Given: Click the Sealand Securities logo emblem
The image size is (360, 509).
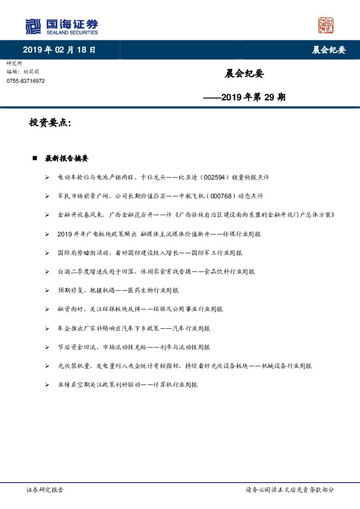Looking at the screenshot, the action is [33, 27].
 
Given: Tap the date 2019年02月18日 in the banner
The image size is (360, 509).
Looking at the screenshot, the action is [59, 50].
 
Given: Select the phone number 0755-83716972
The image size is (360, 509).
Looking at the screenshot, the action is [25, 81].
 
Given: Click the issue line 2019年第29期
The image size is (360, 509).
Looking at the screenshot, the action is [244, 96].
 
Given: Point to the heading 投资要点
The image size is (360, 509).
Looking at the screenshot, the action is [50, 123].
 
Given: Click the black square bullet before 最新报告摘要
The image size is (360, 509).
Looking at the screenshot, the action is [35, 159].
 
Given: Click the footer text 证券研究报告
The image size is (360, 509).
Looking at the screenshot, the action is [45, 490].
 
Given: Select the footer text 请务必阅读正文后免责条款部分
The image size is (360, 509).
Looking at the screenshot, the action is [289, 490].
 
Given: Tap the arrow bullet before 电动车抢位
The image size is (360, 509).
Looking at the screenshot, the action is [47, 178].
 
